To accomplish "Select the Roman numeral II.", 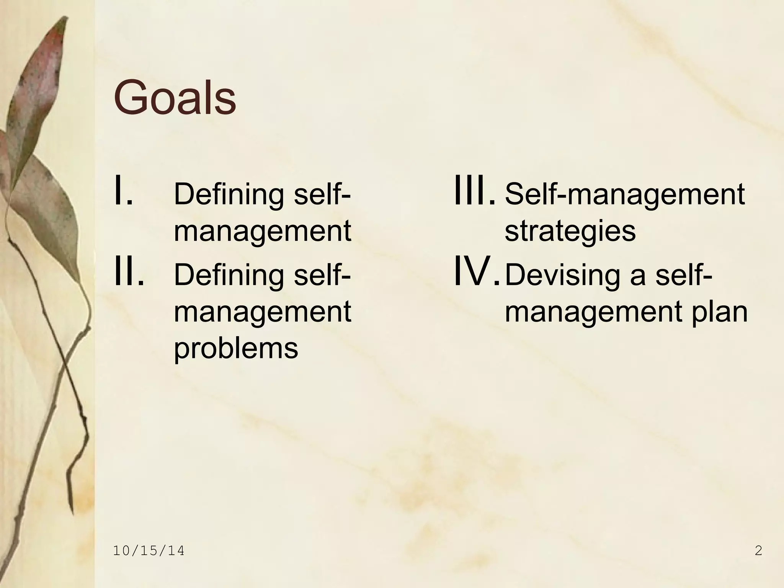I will coord(129,271).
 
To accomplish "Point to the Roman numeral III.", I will coord(474,190).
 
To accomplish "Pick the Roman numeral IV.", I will coord(476,271).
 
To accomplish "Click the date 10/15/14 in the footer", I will coord(149,551).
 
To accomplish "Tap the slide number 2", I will coord(758,551).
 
